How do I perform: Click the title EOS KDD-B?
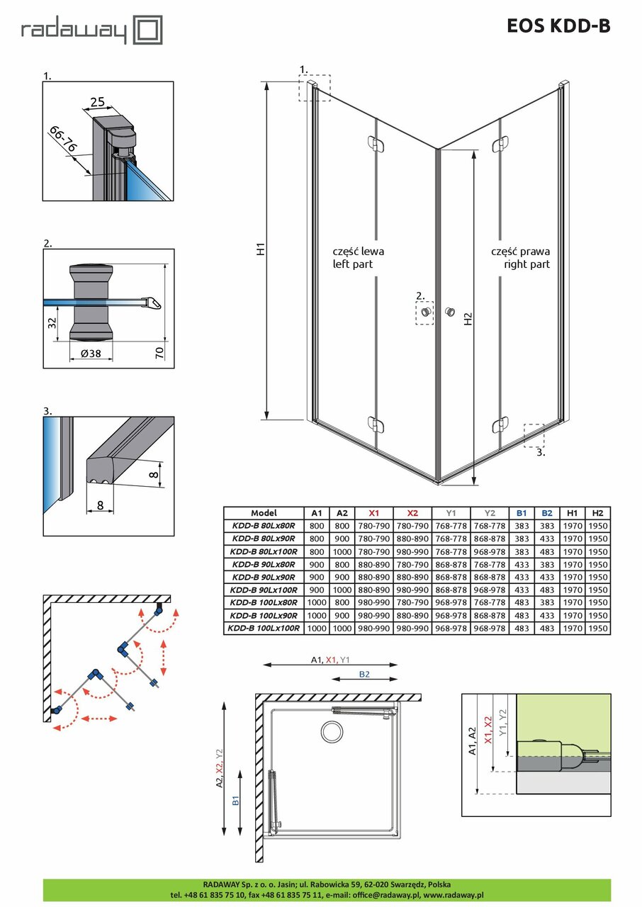pyautogui.click(x=558, y=26)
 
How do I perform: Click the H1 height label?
pyautogui.click(x=260, y=249)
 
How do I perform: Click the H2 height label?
pyautogui.click(x=468, y=320)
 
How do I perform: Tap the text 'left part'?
pyautogui.click(x=352, y=264)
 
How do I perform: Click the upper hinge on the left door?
pyautogui.click(x=376, y=143)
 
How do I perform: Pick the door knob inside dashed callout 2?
pyautogui.click(x=425, y=312)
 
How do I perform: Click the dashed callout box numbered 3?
pyautogui.click(x=533, y=434)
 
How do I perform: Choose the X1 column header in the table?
pyautogui.click(x=374, y=513)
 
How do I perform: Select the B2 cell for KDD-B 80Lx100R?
pyautogui.click(x=547, y=551)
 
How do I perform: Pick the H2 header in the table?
pyautogui.click(x=597, y=513)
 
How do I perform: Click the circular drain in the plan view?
pyautogui.click(x=331, y=730)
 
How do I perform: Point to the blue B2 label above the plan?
pyautogui.click(x=364, y=675)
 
